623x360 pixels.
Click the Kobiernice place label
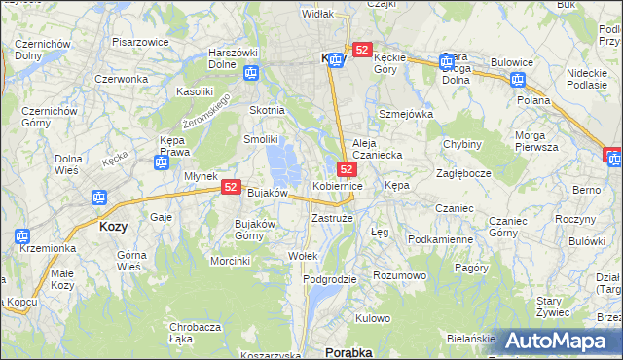pos(338,185)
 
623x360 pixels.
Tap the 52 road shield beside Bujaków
pos(231,187)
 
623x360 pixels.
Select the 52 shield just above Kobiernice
pos(347,169)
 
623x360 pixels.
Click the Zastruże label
pos(332,218)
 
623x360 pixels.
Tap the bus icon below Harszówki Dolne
pos(251,72)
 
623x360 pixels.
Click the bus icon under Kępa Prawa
pos(162,162)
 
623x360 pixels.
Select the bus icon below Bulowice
pos(517,80)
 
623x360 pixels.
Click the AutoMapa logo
pos(565,342)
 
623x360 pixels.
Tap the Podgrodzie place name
pos(330,279)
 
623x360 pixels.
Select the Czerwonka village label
pos(121,78)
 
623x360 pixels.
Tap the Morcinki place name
pos(231,260)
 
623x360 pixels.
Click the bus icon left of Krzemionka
pos(22,235)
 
